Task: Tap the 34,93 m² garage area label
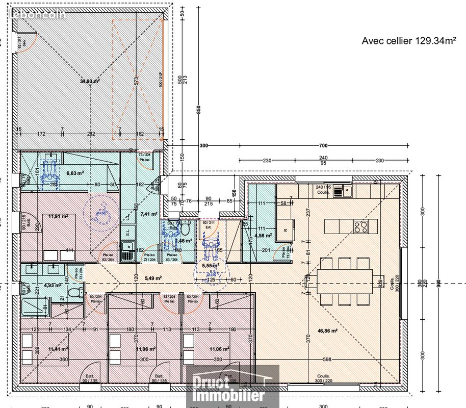pos(90,81)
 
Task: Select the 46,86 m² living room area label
pos(327,330)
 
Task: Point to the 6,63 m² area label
pos(74,173)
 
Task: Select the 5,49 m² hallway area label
pos(153,278)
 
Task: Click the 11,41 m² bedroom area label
pos(58,349)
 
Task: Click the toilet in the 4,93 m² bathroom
pos(75,292)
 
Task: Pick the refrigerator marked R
pos(286,229)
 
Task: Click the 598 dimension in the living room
pos(327,360)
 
